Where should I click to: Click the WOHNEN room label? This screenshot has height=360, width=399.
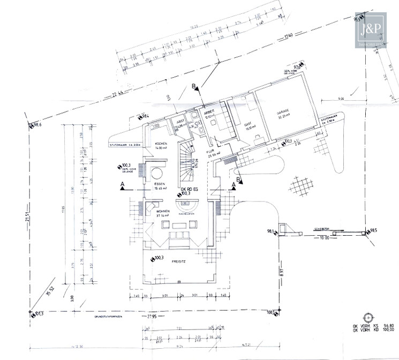click(x=163, y=212)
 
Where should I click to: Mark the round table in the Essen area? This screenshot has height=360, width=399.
click(x=157, y=172)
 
